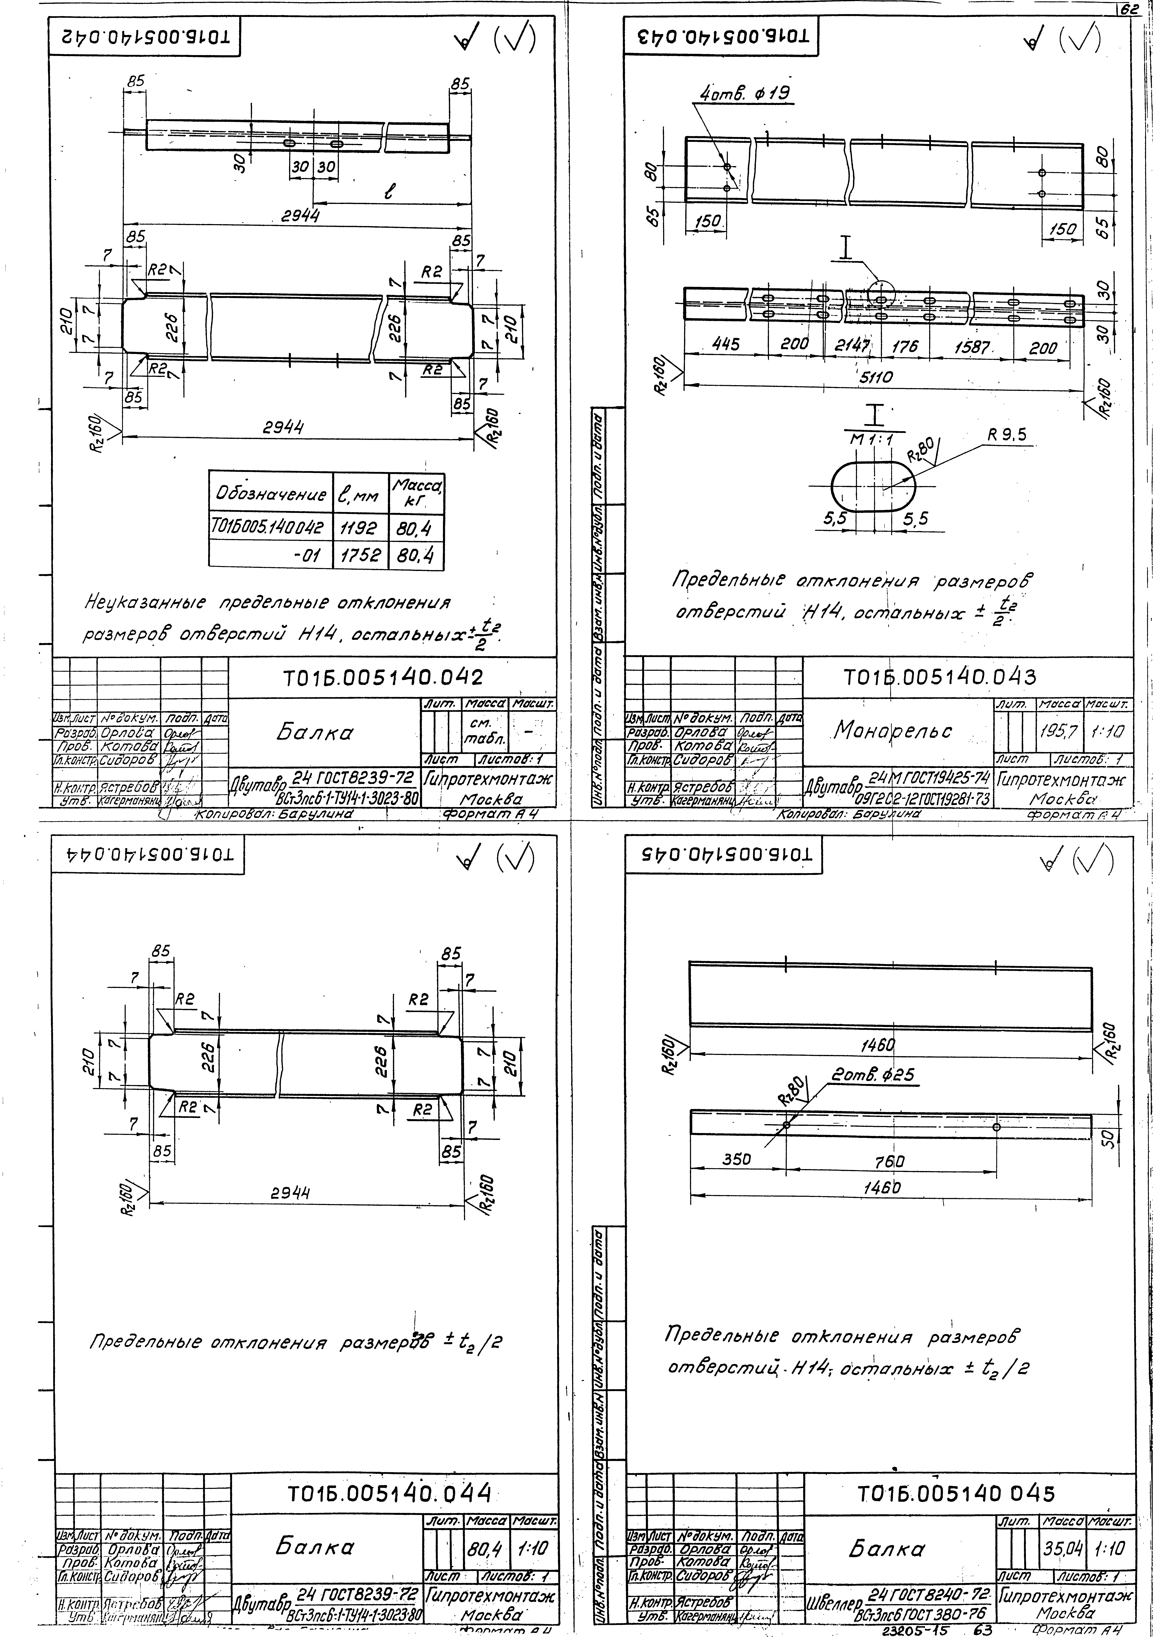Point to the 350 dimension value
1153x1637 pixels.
(737, 1159)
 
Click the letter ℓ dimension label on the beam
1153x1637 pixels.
(391, 192)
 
